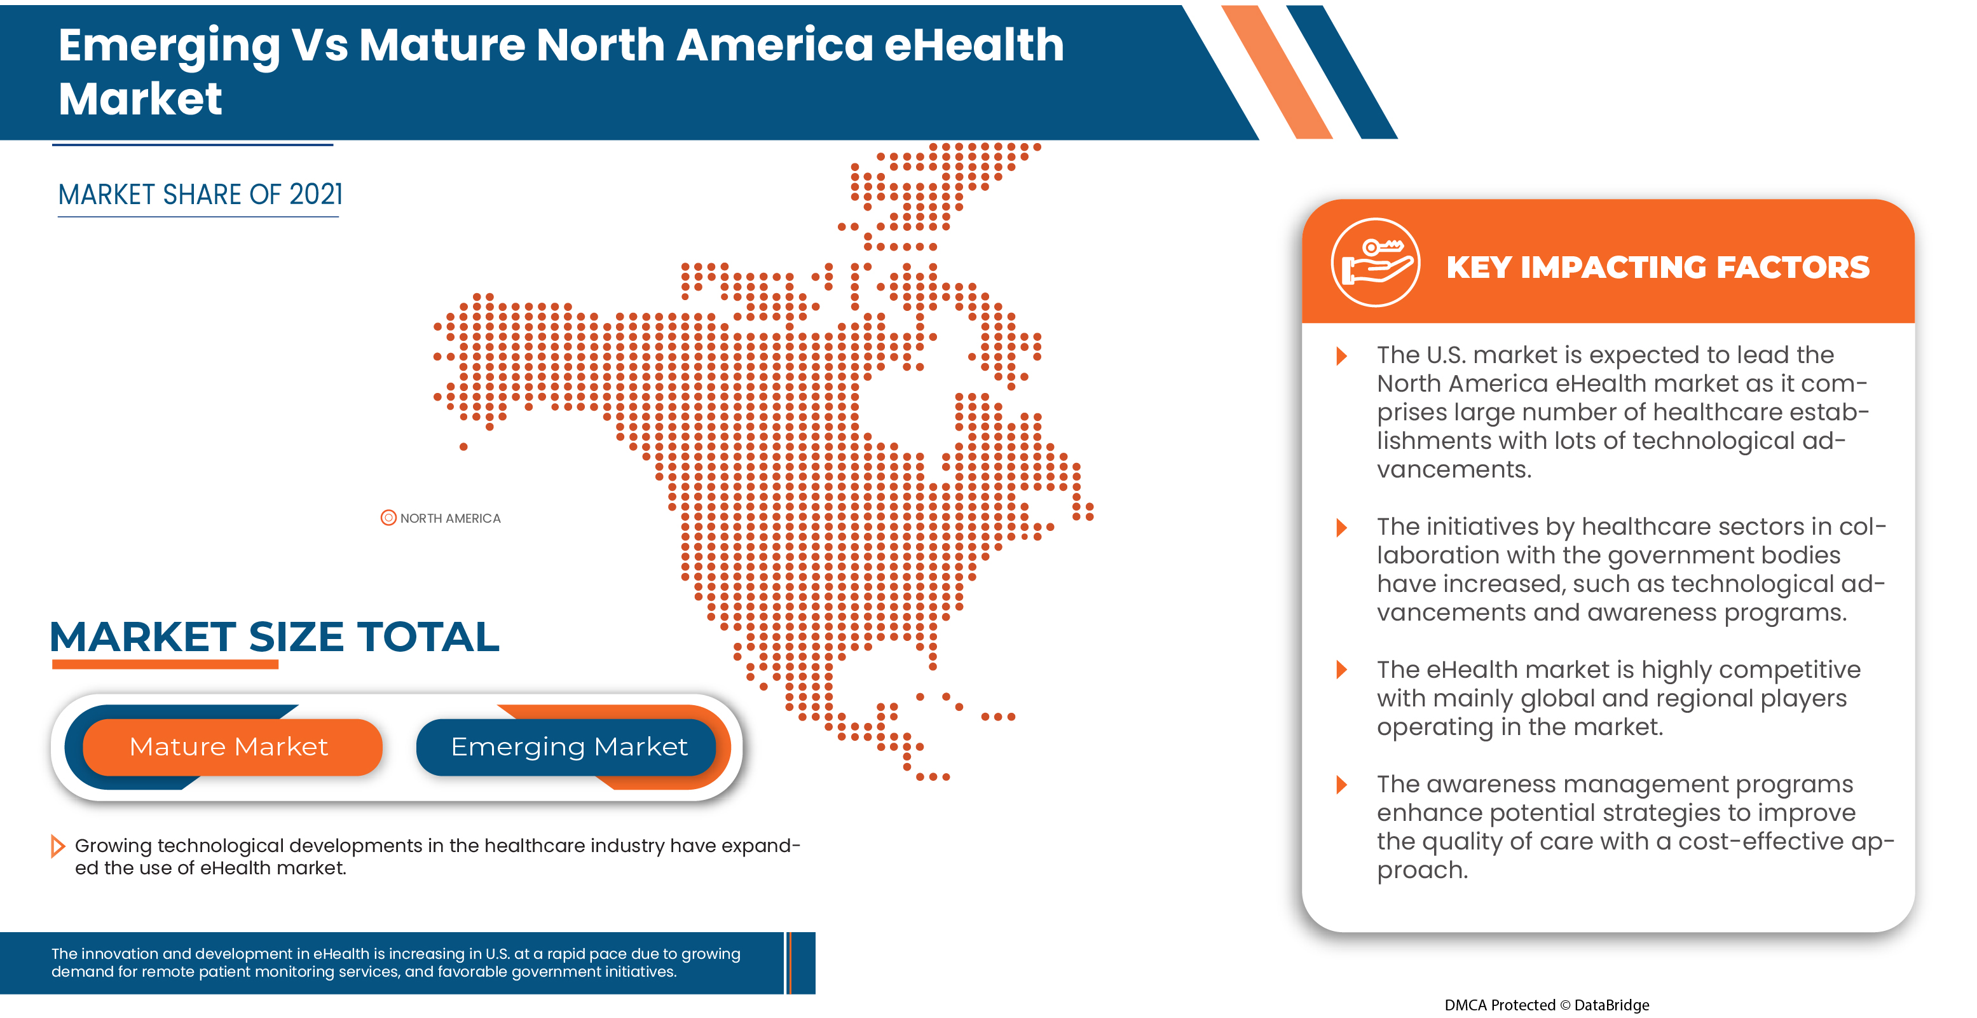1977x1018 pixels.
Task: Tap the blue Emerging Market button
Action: point(568,747)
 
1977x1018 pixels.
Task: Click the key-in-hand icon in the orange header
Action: point(1374,263)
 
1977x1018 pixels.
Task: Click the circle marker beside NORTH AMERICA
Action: point(388,518)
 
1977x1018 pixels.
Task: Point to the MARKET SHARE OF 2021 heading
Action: point(200,195)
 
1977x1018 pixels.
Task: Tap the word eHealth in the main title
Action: point(974,45)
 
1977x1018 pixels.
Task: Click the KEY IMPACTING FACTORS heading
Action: point(1658,267)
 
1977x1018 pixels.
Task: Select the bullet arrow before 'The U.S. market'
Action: point(1341,355)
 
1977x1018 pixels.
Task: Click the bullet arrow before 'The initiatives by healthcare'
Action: point(1341,527)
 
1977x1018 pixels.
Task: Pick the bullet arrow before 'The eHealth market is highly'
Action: point(1341,670)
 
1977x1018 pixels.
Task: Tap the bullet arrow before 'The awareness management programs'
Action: point(1341,785)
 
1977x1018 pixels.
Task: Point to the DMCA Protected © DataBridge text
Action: point(1547,1005)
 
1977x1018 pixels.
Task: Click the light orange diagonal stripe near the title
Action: point(1277,73)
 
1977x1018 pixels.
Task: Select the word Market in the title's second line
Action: point(140,99)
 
